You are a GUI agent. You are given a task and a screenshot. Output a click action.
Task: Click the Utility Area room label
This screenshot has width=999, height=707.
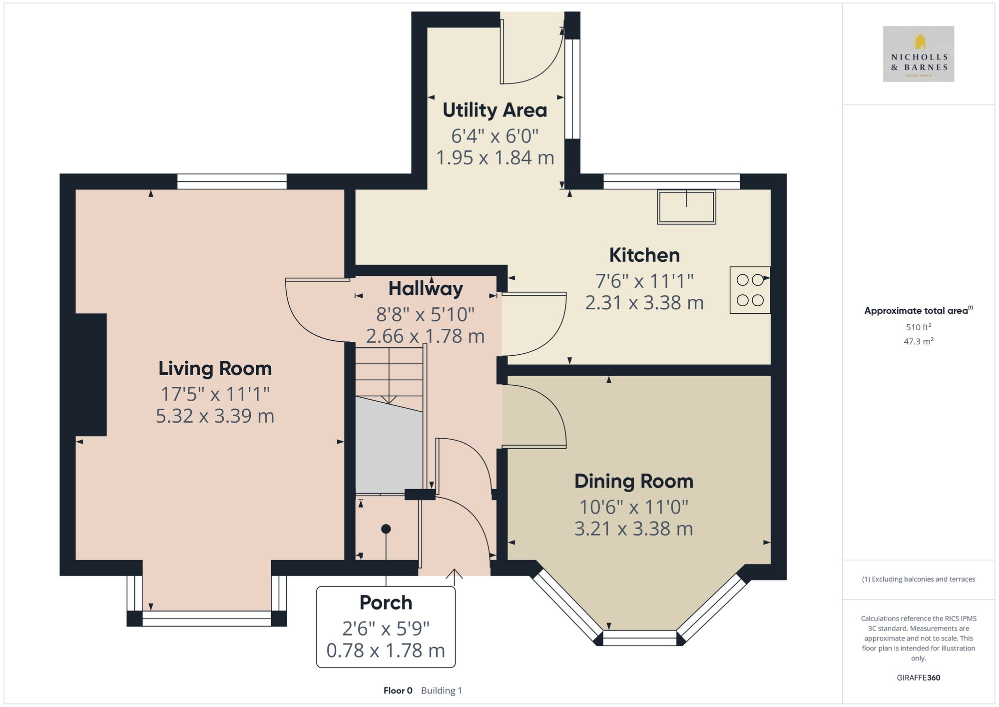(x=495, y=110)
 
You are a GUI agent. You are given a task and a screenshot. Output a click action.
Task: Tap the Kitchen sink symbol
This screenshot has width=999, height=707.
(x=686, y=207)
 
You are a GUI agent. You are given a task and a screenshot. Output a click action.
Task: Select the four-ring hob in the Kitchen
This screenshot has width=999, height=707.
(x=750, y=290)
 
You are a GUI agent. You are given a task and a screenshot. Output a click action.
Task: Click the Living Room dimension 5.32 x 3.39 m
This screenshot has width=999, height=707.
(x=215, y=416)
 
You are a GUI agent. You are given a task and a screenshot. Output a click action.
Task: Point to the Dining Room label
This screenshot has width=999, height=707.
(x=633, y=481)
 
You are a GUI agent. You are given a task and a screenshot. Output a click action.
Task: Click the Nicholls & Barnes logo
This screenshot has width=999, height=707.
(x=918, y=54)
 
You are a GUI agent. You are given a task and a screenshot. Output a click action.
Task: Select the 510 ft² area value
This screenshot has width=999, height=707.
(x=918, y=327)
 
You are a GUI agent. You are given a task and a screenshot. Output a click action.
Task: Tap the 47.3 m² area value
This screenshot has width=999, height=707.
(x=918, y=342)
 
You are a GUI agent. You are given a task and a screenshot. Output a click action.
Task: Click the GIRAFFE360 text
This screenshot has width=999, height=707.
(x=918, y=678)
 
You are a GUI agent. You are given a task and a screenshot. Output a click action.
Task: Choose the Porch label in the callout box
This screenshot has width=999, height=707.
(x=386, y=603)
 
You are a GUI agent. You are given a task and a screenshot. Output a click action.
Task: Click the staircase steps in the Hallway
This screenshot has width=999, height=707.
(x=389, y=372)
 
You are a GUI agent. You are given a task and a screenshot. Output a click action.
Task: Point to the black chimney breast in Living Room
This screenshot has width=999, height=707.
(x=91, y=375)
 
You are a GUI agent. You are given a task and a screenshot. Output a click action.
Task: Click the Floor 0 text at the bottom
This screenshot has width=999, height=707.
(x=398, y=691)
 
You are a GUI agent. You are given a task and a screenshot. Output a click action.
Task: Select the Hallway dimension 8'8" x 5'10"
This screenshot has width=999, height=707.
(x=425, y=314)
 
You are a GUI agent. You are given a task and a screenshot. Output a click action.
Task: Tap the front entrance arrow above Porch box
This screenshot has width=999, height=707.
(x=454, y=576)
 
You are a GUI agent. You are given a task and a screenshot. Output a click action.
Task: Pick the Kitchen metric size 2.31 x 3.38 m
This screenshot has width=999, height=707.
(x=644, y=303)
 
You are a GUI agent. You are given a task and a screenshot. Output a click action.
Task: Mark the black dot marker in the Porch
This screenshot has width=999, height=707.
(x=386, y=529)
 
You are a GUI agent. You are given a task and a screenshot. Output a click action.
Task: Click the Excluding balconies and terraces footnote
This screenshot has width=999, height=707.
(x=918, y=579)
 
